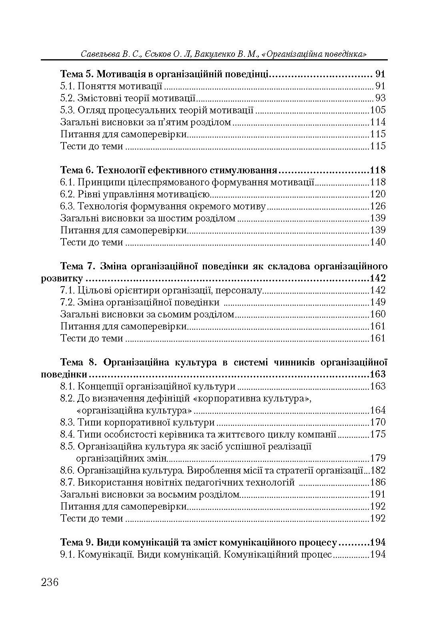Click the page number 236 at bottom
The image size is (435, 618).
[x=50, y=582]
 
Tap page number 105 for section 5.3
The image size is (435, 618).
[x=378, y=110]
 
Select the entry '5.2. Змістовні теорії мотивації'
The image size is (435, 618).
[x=128, y=98]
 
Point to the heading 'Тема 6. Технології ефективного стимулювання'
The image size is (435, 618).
[x=168, y=170]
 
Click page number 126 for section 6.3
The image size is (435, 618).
[x=378, y=206]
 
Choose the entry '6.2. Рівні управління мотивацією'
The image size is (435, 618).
[x=135, y=194]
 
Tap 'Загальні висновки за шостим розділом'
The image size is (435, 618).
[x=148, y=218]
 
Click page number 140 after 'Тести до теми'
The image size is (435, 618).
[x=378, y=242]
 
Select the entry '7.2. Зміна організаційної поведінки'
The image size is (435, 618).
[x=140, y=302]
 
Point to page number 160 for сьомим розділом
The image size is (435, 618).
[x=378, y=314]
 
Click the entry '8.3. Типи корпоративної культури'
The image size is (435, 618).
[x=137, y=422]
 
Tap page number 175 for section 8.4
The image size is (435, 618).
[x=378, y=434]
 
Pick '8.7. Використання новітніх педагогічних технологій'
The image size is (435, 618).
[x=177, y=482]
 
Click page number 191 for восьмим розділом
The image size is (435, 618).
[x=378, y=494]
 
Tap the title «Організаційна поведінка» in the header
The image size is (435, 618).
[x=314, y=54]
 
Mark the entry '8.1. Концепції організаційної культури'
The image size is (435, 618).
[x=148, y=386]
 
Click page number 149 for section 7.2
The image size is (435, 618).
[x=378, y=302]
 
